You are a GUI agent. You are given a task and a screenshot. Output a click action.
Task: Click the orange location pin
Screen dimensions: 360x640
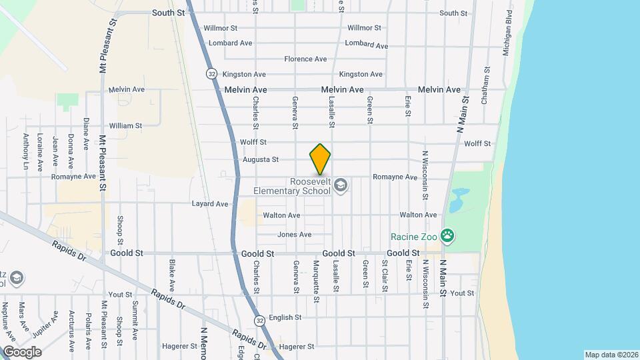point(320,159)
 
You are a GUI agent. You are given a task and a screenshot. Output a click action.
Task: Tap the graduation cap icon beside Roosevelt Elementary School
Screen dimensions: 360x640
point(341,185)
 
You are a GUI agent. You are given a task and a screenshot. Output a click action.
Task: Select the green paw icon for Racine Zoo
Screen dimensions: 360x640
point(449,235)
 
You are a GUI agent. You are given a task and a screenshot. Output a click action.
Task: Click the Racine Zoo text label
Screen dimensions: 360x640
point(416,236)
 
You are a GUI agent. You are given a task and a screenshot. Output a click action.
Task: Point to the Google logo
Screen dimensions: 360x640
point(21,351)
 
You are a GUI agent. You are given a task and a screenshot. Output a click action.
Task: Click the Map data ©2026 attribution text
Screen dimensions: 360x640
point(611,355)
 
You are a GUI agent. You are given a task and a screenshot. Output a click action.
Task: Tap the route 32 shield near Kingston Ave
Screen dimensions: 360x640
point(211,73)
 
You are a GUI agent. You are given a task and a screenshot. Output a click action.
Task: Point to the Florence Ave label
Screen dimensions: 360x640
point(305,59)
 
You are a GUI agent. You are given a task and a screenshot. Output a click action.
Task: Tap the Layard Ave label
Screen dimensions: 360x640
point(210,204)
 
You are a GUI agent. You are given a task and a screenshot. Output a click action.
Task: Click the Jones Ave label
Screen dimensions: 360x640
point(295,235)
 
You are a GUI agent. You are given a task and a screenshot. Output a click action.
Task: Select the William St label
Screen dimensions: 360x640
point(125,125)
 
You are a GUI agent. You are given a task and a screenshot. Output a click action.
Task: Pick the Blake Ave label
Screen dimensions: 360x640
point(172,276)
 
